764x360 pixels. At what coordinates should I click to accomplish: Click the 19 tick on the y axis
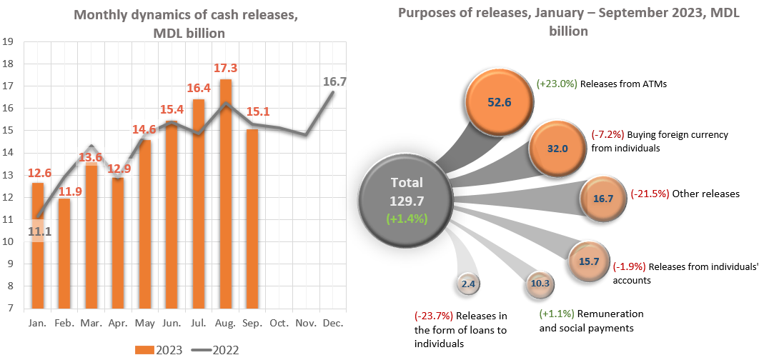pyautogui.click(x=9, y=41)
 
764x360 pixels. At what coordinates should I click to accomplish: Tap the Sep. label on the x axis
pyautogui.click(x=252, y=324)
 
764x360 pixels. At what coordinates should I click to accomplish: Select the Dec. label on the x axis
pyautogui.click(x=332, y=324)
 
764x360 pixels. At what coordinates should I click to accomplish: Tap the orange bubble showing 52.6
pyautogui.click(x=497, y=101)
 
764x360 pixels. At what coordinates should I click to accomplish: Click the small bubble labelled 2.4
pyautogui.click(x=468, y=284)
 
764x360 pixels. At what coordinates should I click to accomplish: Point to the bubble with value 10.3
pyautogui.click(x=540, y=284)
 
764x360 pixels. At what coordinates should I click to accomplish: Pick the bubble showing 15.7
pyautogui.click(x=589, y=261)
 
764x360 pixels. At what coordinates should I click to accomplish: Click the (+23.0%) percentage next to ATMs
pyautogui.click(x=557, y=84)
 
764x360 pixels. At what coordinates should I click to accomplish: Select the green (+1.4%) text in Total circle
pyautogui.click(x=407, y=219)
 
